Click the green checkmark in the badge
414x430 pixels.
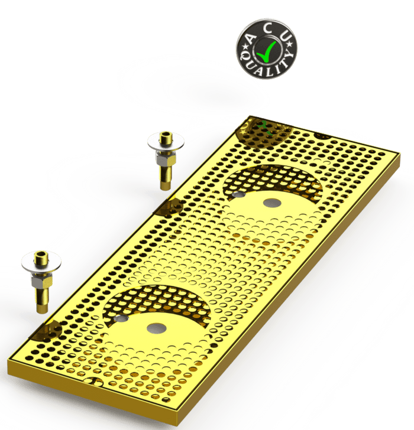(x=264, y=51)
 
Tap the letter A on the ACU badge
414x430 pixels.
(x=251, y=38)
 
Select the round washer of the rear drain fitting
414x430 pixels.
(x=166, y=142)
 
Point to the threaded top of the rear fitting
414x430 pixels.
(x=165, y=136)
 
